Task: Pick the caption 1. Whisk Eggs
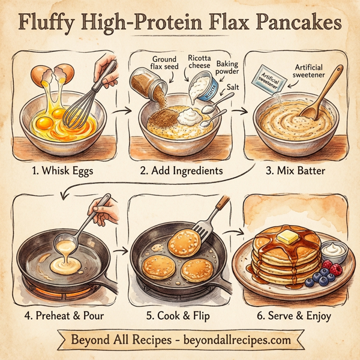pyautogui.click(x=62, y=170)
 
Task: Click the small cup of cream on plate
pyautogui.click(x=333, y=251)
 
